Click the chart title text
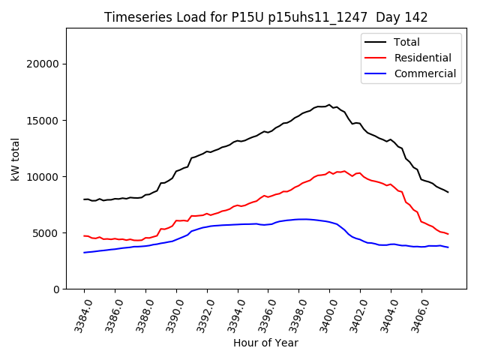pyautogui.click(x=265, y=17)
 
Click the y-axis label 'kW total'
pyautogui.click(x=16, y=158)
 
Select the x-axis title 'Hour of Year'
pyautogui.click(x=265, y=343)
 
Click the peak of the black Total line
pyautogui.click(x=328, y=105)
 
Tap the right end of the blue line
pyautogui.click(x=448, y=247)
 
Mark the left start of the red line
pyautogui.click(x=84, y=235)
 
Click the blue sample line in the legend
pyautogui.click(x=376, y=73)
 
